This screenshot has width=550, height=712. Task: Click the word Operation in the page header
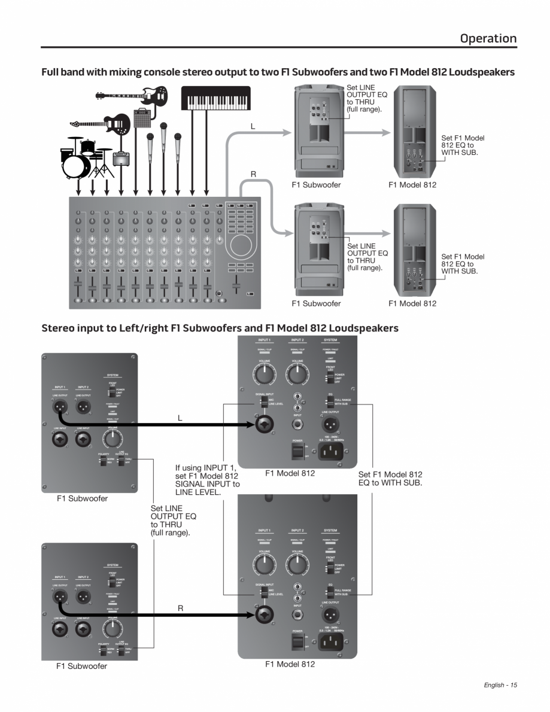488,38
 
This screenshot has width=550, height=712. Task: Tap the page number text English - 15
500,685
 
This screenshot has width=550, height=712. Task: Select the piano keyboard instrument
206,99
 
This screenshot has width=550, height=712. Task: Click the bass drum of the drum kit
75,163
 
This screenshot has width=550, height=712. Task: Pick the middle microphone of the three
163,133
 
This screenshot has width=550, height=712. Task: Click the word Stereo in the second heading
59,328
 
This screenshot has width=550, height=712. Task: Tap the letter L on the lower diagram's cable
180,418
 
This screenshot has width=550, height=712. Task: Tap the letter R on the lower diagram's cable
180,607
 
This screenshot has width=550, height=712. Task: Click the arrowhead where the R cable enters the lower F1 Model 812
253,614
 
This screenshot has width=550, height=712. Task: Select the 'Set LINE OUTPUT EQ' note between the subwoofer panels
173,520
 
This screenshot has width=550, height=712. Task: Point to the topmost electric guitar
131,95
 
